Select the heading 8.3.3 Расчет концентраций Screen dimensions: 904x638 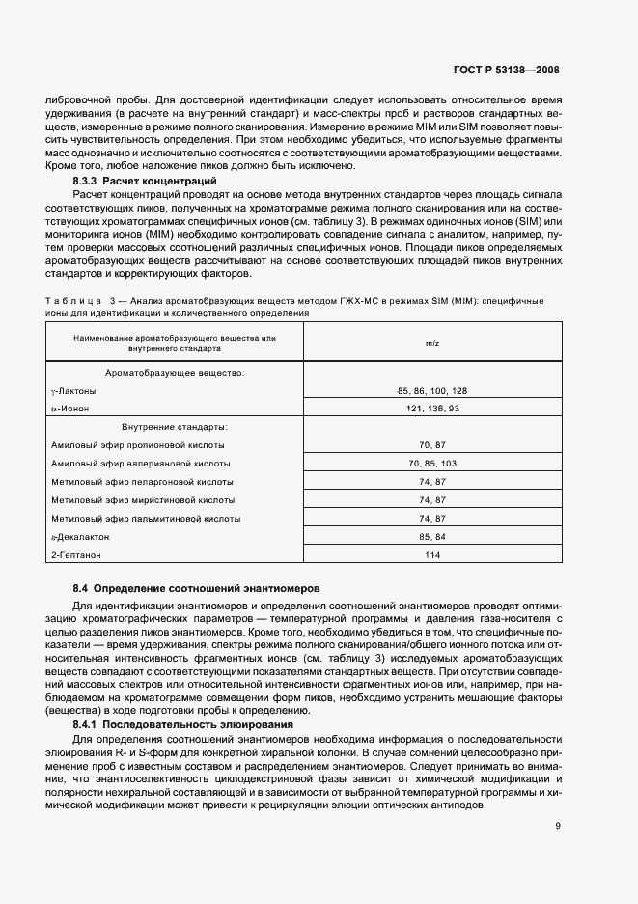pos(145,181)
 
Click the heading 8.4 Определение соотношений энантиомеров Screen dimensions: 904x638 pos(197,588)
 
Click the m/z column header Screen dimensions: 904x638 pos(431,343)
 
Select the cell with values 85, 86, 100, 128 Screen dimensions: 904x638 pos(431,390)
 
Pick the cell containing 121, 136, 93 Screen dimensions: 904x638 pos(431,409)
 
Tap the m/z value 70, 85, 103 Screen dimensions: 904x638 pos(431,463)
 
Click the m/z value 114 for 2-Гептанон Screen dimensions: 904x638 pos(431,554)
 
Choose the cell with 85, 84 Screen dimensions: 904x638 pos(431,536)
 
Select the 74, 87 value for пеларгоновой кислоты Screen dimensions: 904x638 pos(431,481)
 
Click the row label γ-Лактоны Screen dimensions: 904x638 pos(74,391)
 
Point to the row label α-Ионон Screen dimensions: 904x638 pos(69,409)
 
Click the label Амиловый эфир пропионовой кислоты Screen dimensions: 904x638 pos(138,445)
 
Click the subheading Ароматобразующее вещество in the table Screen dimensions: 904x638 pos(175,372)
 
